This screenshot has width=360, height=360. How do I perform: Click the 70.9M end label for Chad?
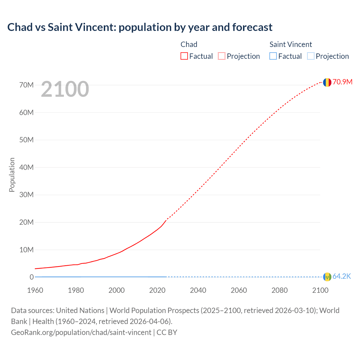342,82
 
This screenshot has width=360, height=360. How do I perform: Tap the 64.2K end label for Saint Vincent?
342,276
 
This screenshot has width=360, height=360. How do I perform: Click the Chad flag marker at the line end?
327,82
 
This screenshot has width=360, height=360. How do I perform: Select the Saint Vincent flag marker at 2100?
327,277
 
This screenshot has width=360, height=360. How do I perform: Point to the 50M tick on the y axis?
26,140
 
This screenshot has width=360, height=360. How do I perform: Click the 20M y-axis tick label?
26,222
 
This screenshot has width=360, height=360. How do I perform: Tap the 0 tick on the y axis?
31,277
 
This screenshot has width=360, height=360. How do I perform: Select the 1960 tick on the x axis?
35,290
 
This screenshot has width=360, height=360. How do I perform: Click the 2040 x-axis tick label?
198,290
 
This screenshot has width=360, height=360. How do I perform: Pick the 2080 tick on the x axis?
280,290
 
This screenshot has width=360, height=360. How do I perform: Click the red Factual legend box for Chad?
184,56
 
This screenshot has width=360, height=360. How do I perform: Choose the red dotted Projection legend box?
222,56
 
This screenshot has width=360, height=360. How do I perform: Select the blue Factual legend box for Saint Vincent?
273,56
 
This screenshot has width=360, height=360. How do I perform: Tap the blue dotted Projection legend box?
310,56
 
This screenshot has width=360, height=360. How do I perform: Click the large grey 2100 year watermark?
65,89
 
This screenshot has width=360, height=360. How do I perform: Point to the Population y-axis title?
12,175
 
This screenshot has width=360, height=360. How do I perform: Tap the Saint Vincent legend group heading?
291,44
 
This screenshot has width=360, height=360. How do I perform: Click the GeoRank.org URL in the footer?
81,332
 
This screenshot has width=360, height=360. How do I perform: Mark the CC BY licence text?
167,332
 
